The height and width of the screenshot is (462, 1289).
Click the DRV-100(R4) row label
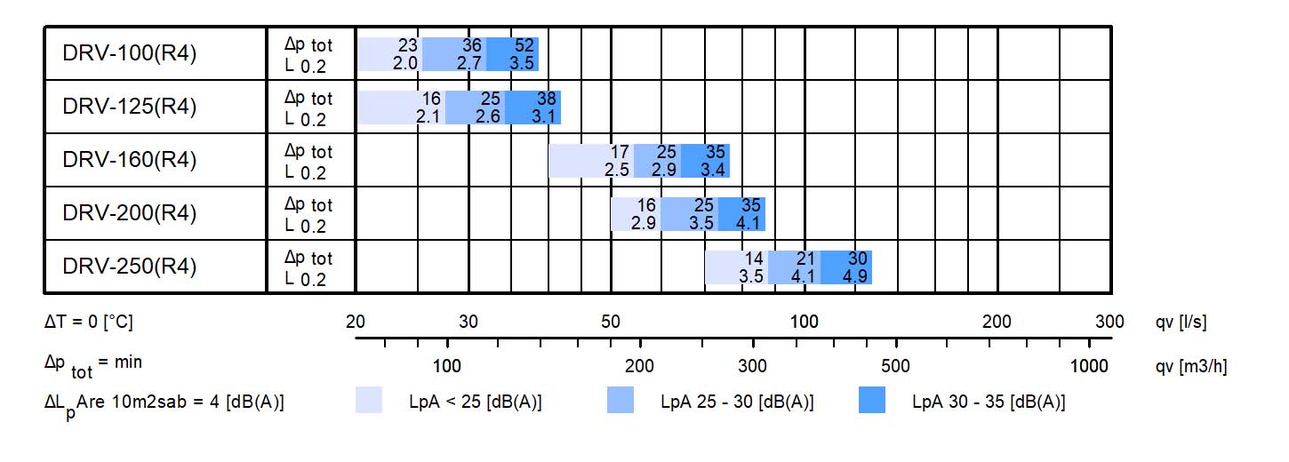pyautogui.click(x=130, y=53)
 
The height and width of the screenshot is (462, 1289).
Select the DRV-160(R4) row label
pyautogui.click(x=130, y=160)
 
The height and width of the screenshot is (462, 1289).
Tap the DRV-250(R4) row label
pyautogui.click(x=130, y=267)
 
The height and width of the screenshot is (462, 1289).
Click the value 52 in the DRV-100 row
pyautogui.click(x=524, y=45)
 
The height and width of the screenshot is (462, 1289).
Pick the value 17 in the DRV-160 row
pyautogui.click(x=620, y=152)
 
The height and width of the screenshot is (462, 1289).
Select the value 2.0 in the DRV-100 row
pyautogui.click(x=405, y=63)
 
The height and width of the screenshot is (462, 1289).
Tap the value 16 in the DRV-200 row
pyautogui.click(x=646, y=205)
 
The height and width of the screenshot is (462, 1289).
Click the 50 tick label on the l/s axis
pyautogui.click(x=611, y=322)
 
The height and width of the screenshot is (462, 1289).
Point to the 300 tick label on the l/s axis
pyautogui.click(x=1109, y=322)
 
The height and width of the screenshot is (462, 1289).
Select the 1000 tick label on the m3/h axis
pyautogui.click(x=1089, y=366)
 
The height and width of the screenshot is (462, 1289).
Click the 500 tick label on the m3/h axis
pyautogui.click(x=896, y=366)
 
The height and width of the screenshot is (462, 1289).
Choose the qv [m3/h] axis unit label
pyautogui.click(x=1191, y=366)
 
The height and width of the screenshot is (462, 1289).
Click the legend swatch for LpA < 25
pyautogui.click(x=369, y=401)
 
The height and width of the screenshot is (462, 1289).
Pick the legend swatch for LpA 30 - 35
pyautogui.click(x=873, y=401)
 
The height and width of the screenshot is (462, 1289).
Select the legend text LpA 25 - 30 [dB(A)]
pyautogui.click(x=737, y=402)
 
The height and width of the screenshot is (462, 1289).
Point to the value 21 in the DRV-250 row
pyautogui.click(x=805, y=259)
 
